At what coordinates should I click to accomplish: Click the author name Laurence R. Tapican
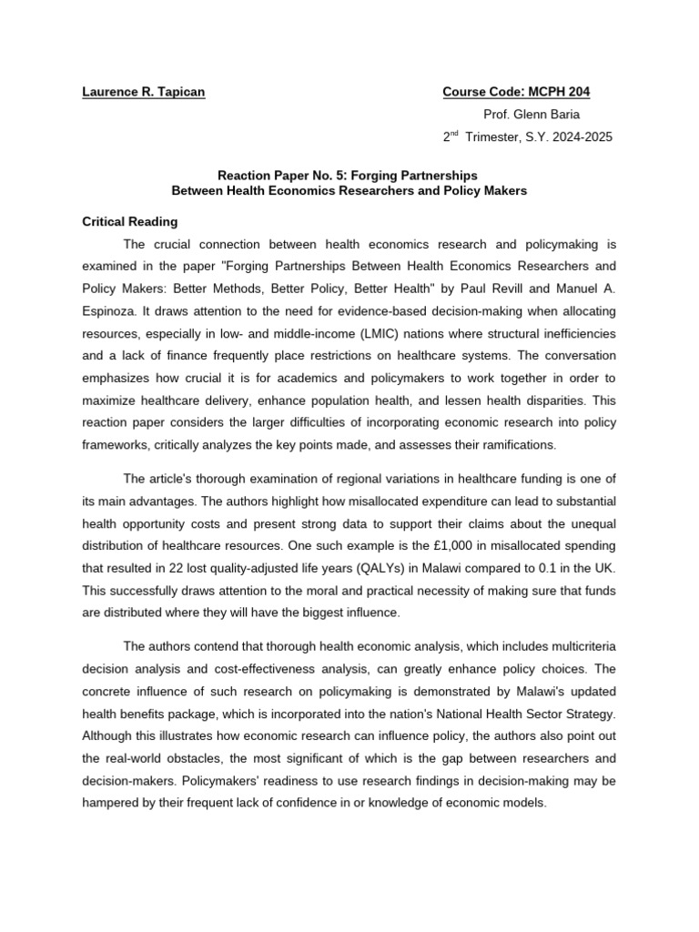[144, 93]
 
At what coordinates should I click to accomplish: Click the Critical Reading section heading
[130, 221]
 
